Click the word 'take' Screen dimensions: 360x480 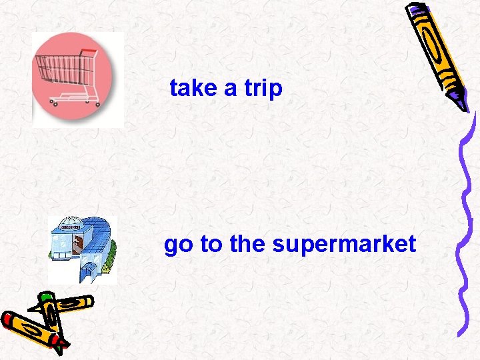(x=194, y=88)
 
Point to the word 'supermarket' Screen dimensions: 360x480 (x=344, y=245)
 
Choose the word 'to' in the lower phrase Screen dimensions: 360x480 (x=211, y=245)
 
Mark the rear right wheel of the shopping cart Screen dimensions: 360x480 (x=97, y=103)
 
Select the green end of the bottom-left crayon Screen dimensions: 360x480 (x=45, y=297)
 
